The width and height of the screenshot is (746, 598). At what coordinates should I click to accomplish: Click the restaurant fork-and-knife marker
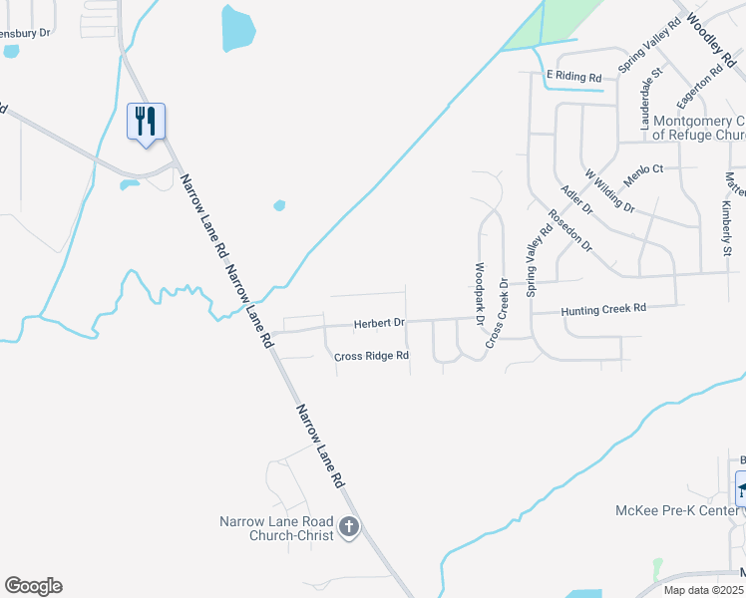147,122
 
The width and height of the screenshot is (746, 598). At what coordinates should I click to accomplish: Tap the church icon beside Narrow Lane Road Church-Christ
349,527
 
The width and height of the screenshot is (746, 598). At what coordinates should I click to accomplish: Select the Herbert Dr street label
379,323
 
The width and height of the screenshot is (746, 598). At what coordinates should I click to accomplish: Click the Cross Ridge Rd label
371,355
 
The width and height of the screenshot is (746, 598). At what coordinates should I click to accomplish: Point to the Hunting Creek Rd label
603,310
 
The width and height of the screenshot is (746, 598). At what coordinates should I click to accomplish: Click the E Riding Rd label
573,76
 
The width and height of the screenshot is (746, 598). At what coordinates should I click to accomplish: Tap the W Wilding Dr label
609,190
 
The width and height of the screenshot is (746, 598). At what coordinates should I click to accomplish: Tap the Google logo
33,586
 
